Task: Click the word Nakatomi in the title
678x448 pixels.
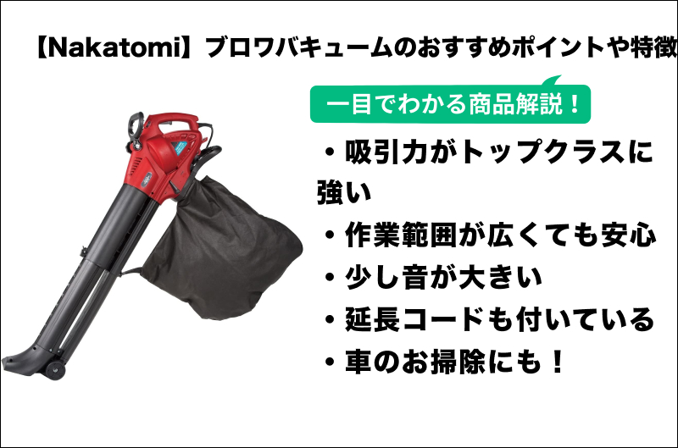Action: (114, 47)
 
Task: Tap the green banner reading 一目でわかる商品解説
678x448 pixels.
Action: (450, 103)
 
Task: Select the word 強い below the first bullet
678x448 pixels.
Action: (344, 193)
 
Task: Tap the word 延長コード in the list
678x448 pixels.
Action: (414, 319)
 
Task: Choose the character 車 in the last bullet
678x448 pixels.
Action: (358, 362)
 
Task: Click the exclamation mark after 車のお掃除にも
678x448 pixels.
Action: (558, 362)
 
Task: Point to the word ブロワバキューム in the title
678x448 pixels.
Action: (299, 47)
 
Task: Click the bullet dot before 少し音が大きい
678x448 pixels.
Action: (331, 279)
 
